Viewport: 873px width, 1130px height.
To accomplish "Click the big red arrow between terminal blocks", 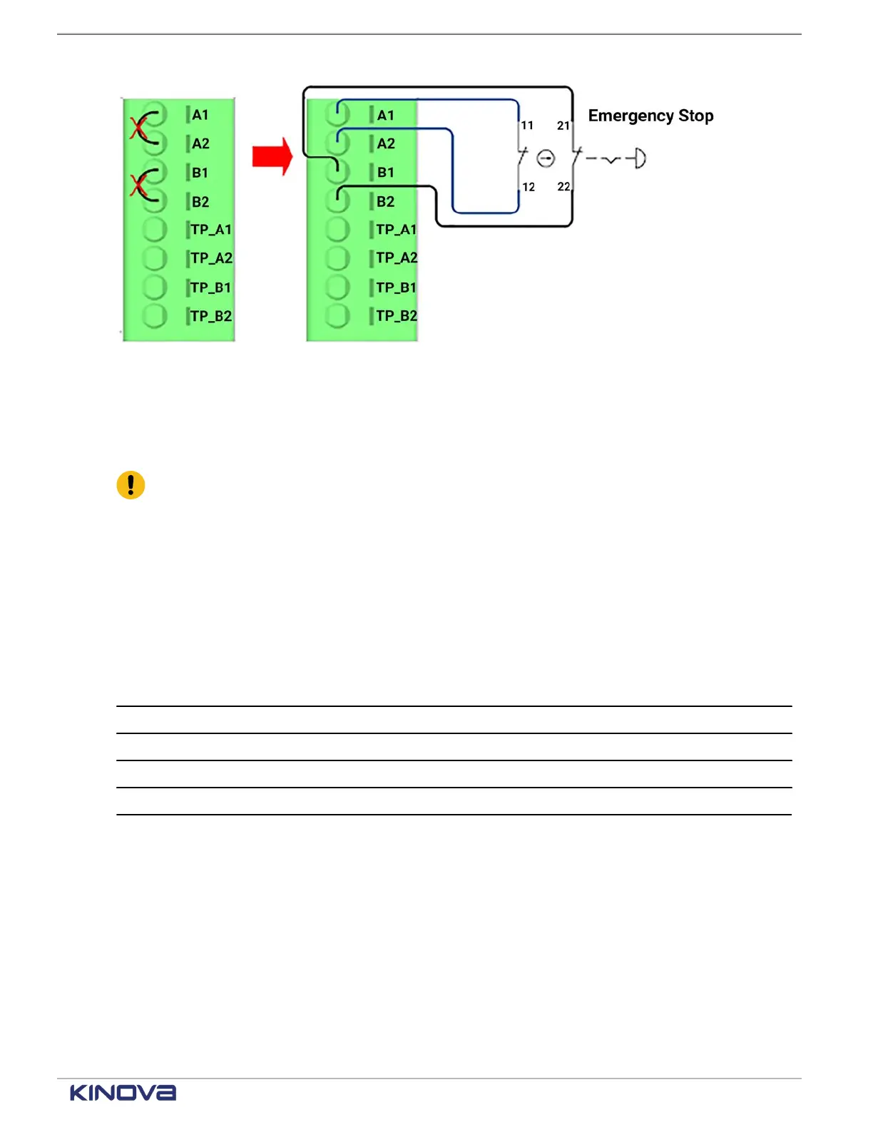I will pyautogui.click(x=272, y=156).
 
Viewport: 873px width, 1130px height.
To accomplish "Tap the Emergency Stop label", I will pyautogui.click(x=650, y=116).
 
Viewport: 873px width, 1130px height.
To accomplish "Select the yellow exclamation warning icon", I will pyautogui.click(x=131, y=485).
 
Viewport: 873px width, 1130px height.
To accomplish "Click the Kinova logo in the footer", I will pyautogui.click(x=123, y=1093).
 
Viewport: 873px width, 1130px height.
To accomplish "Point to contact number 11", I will pyautogui.click(x=527, y=126).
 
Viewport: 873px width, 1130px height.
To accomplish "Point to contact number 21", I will pyautogui.click(x=563, y=126).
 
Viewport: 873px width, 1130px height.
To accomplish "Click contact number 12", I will pyautogui.click(x=529, y=187).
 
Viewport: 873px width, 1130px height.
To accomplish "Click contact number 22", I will pyautogui.click(x=563, y=187).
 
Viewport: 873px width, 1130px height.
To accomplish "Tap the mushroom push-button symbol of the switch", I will pyautogui.click(x=639, y=158).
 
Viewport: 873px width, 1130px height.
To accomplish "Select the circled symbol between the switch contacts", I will pyautogui.click(x=546, y=158).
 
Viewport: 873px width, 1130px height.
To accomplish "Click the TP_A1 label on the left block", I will pyautogui.click(x=211, y=230).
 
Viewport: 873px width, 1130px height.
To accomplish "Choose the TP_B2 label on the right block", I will pyautogui.click(x=397, y=315).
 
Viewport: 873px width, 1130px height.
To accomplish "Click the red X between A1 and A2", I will pyautogui.click(x=138, y=129).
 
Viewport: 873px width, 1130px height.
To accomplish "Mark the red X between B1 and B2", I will pyautogui.click(x=138, y=186).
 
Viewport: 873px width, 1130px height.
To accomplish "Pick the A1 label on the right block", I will pyautogui.click(x=386, y=116).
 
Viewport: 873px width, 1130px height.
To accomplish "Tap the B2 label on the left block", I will pyautogui.click(x=200, y=202).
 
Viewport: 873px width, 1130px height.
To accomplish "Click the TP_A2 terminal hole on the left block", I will pyautogui.click(x=154, y=258).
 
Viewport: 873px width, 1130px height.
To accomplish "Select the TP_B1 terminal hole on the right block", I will pyautogui.click(x=337, y=287).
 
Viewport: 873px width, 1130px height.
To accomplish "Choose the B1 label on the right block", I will pyautogui.click(x=386, y=173).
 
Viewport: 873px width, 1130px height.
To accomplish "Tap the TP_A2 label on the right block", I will pyautogui.click(x=397, y=258).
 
